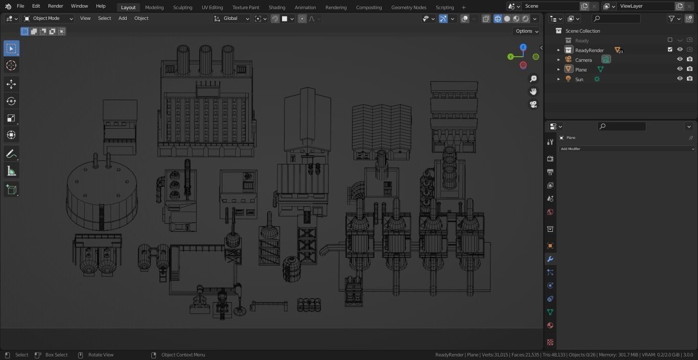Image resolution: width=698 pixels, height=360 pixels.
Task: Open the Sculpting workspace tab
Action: (182, 8)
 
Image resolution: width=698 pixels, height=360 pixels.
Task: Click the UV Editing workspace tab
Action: (212, 8)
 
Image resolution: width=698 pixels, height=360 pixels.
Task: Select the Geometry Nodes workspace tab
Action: (408, 8)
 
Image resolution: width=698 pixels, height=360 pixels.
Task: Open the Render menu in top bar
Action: (55, 6)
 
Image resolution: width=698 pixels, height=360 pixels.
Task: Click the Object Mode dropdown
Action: (49, 18)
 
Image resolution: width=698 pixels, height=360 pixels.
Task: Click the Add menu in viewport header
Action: (123, 18)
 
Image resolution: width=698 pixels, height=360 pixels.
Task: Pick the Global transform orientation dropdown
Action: (231, 18)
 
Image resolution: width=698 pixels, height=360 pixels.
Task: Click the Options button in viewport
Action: (526, 31)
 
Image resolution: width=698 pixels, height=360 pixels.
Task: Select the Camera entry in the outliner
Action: (583, 60)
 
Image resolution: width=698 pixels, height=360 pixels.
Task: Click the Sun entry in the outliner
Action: (579, 79)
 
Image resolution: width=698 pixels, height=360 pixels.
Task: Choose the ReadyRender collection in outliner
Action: (589, 50)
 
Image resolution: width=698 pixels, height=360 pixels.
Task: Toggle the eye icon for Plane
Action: (680, 69)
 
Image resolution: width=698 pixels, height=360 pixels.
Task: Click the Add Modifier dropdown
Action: (627, 149)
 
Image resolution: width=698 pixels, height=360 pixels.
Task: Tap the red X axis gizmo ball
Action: (523, 65)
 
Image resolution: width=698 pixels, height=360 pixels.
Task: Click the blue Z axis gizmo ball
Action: (523, 47)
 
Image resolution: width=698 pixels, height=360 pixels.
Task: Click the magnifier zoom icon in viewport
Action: (533, 79)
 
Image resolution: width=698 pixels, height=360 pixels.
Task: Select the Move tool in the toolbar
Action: (11, 84)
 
